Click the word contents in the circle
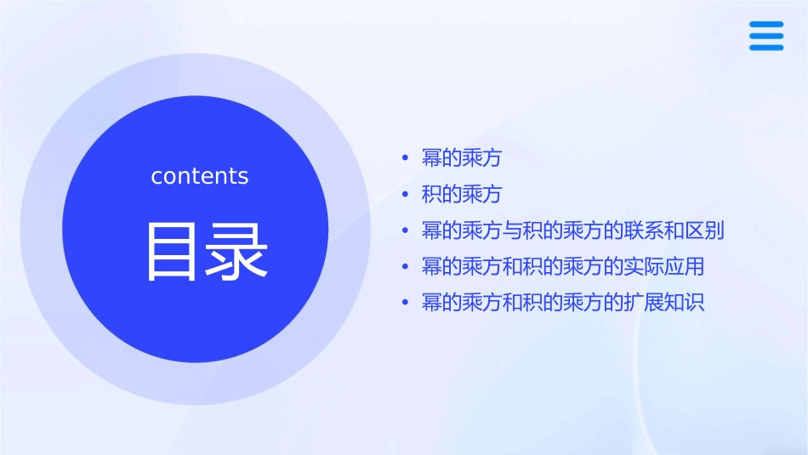[x=200, y=176]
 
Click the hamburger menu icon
[x=766, y=36]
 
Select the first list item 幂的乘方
[x=461, y=158]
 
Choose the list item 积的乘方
[x=461, y=194]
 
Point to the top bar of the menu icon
[x=766, y=25]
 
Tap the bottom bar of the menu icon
[x=766, y=48]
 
